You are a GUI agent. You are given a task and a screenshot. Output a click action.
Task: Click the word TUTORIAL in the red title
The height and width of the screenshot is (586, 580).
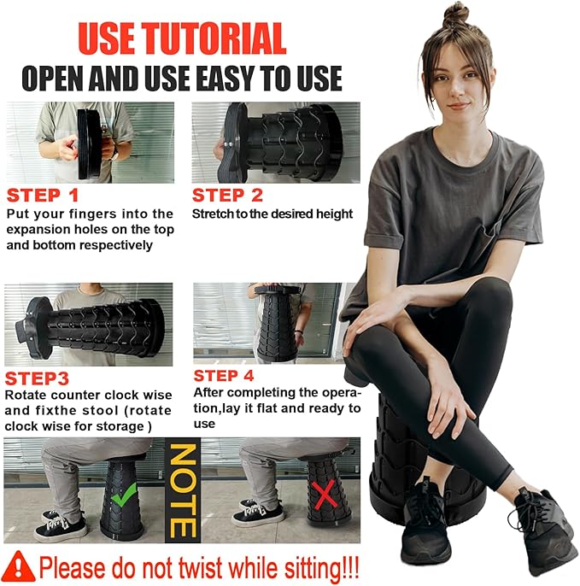(215, 38)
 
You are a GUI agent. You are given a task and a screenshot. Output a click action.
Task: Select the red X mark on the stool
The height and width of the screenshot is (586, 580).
(325, 495)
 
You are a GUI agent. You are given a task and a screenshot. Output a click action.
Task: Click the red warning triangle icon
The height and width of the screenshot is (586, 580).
(18, 566)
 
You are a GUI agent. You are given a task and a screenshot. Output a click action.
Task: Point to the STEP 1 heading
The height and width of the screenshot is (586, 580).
(43, 195)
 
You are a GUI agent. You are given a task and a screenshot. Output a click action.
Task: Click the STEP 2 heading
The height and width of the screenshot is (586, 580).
(227, 195)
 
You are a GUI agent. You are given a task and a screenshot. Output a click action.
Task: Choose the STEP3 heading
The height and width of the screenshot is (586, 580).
(37, 378)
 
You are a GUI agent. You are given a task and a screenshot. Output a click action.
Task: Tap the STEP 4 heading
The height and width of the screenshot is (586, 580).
(224, 376)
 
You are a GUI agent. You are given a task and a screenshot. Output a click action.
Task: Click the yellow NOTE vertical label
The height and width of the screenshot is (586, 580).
(183, 490)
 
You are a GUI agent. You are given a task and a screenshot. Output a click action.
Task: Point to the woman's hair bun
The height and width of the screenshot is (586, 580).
(456, 15)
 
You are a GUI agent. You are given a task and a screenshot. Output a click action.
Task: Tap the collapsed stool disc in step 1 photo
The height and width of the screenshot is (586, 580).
(89, 144)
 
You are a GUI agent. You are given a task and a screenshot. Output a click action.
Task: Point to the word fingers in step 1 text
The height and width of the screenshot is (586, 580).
(87, 214)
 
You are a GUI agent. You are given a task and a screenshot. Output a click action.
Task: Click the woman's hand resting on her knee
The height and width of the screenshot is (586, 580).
(374, 315)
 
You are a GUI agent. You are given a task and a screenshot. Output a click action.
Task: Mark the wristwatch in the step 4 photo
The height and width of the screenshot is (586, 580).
(299, 331)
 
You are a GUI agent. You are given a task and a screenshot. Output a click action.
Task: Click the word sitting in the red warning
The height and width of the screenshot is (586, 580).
(313, 568)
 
